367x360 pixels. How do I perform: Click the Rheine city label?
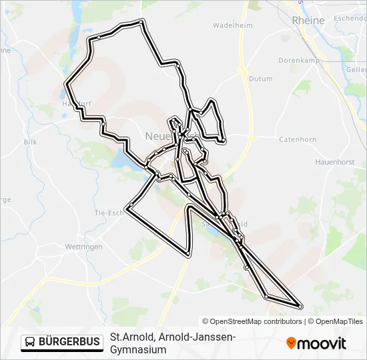[x=308, y=21]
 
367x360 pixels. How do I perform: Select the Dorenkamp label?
[x=296, y=61]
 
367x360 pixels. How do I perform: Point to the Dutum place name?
[x=260, y=79]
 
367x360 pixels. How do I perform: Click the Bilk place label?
[x=30, y=142]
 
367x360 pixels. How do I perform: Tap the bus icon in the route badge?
[x=31, y=342]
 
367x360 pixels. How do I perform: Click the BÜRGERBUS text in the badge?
[x=69, y=342]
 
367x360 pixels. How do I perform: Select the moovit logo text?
[x=322, y=343]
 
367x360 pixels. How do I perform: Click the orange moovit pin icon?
[x=292, y=343]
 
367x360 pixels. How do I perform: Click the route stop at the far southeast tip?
[x=300, y=306]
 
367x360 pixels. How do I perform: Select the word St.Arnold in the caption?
[x=127, y=337]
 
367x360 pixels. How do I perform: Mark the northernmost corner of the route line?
[x=141, y=23]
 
